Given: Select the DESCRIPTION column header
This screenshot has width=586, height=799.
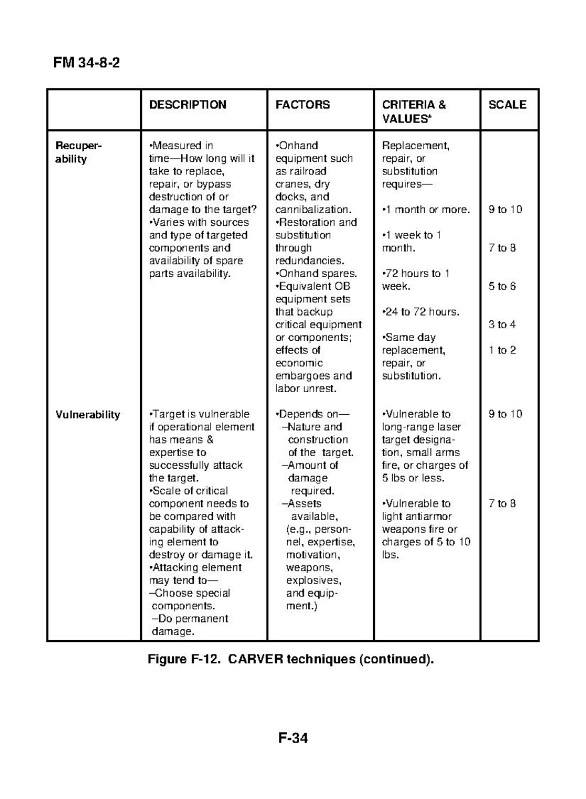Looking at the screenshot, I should coord(187,105).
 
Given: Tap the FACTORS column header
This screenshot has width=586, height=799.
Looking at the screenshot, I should coord(302,105).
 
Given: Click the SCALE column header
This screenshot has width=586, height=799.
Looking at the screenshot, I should coord(507,105).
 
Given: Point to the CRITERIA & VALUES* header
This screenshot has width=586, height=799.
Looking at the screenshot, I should coord(414,111).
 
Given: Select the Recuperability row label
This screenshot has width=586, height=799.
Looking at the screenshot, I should coord(79,152).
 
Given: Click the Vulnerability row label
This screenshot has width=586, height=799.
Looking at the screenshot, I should coord(87,415).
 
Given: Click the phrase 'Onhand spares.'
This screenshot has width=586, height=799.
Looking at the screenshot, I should coord(316,274).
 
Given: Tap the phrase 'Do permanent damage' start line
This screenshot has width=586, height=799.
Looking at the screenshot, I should coord(190,619).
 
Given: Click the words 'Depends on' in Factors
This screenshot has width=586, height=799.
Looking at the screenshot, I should coord(313,414).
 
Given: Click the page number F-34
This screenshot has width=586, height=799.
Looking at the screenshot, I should coord(293,738).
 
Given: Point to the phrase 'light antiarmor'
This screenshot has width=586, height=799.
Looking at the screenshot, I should coord(416,516).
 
